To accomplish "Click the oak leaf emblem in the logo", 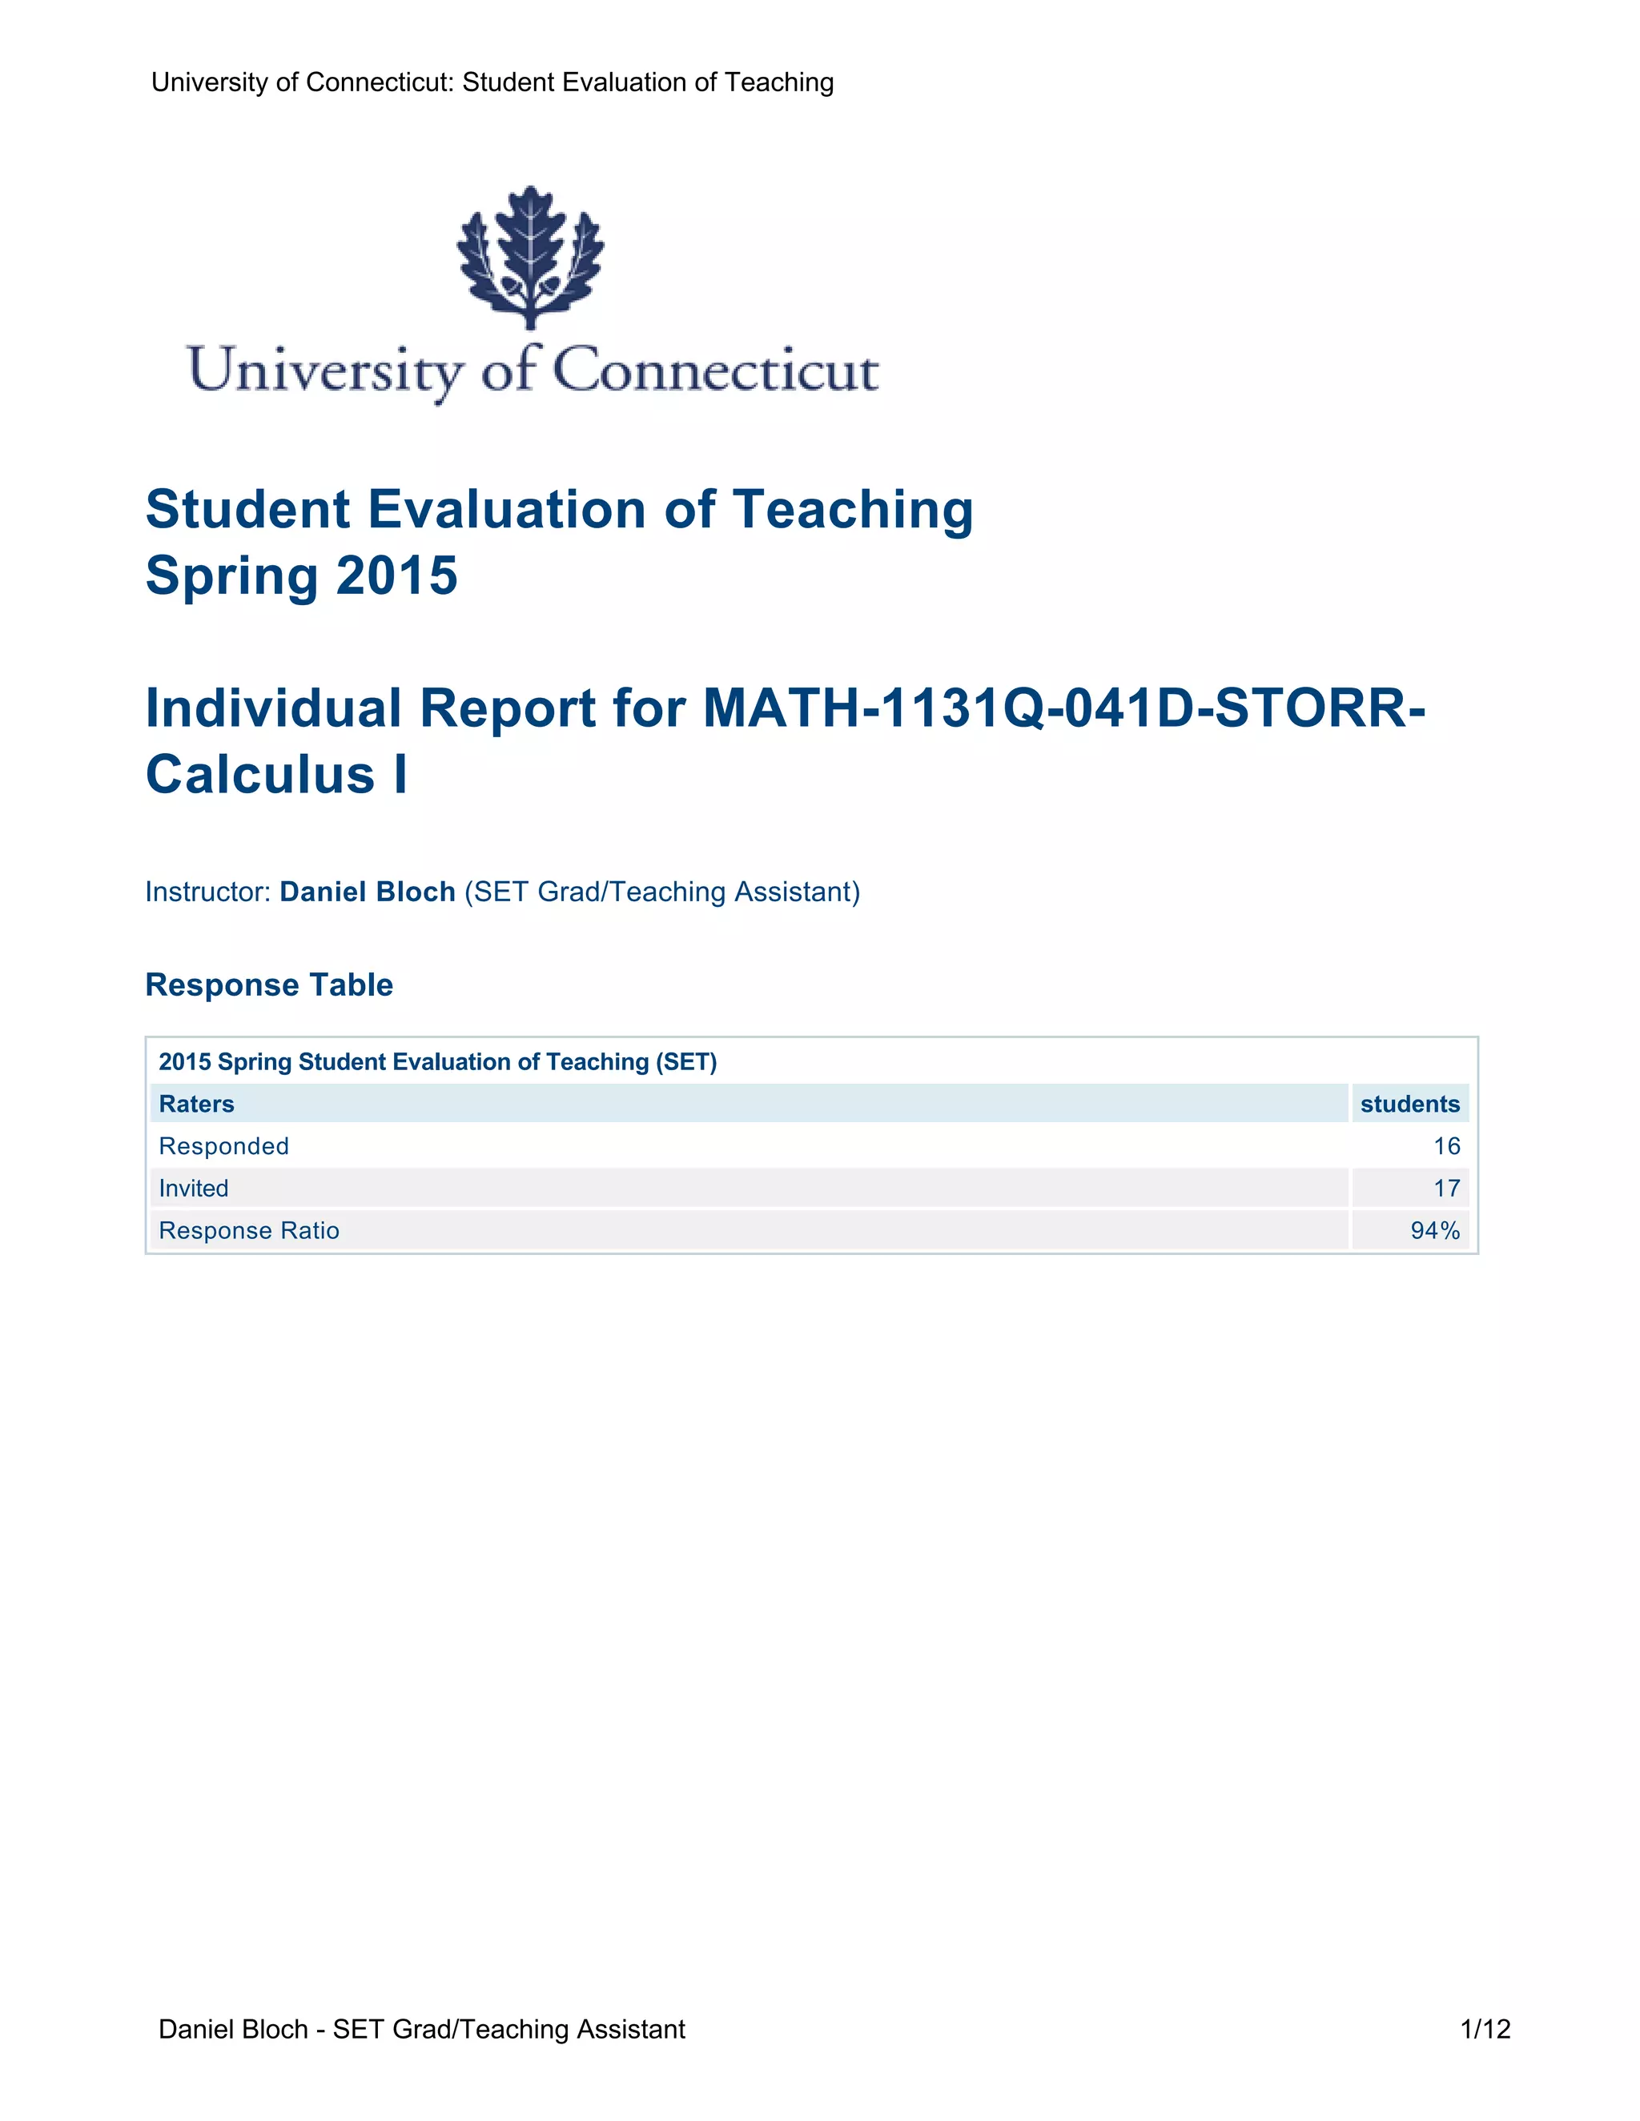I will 530,256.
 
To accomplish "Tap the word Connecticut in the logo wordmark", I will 716,372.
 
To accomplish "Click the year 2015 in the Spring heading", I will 397,576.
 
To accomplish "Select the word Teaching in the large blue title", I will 852,510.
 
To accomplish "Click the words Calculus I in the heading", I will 277,775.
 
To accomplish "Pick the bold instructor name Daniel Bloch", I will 368,892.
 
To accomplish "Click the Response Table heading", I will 269,984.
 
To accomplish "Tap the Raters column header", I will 196,1105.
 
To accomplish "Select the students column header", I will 1409,1105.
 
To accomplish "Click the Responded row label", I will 223,1146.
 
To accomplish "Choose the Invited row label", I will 193,1189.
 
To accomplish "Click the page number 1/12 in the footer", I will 1485,2029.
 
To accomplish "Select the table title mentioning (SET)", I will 437,1061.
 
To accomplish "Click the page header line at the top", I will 492,82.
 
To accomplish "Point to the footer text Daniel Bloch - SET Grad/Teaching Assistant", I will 422,2029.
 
